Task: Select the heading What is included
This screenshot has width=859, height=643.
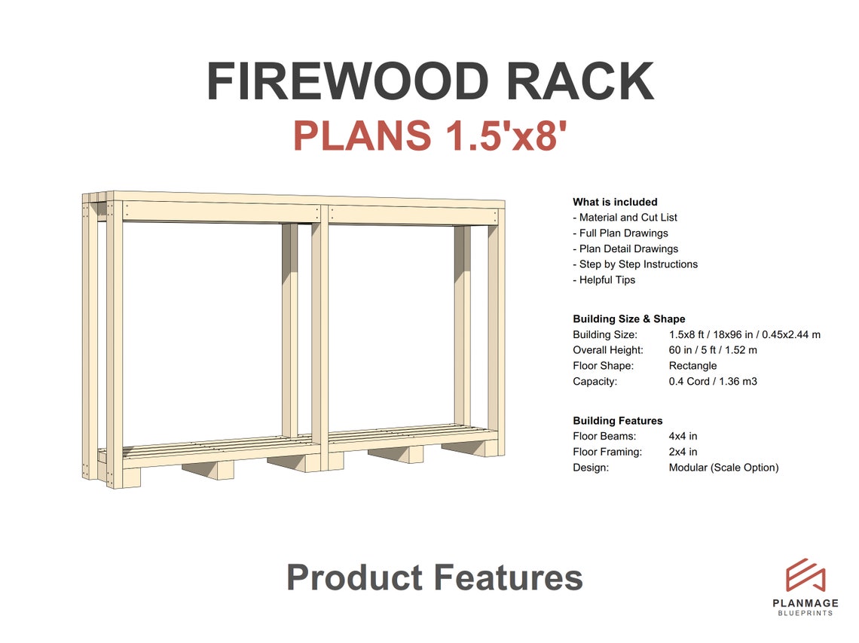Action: [x=615, y=202]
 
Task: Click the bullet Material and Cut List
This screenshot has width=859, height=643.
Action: [x=628, y=218]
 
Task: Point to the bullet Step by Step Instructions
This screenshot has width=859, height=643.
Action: [x=637, y=264]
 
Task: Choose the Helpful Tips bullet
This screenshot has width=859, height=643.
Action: [x=607, y=280]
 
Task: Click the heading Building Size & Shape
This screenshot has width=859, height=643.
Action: [x=628, y=318]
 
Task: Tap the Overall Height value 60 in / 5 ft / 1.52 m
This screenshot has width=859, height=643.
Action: [x=713, y=350]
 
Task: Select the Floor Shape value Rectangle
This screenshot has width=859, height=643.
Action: [x=692, y=366]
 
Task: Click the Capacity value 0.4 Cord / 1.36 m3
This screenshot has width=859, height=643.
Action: [x=713, y=382]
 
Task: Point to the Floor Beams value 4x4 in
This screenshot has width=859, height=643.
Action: [x=683, y=436]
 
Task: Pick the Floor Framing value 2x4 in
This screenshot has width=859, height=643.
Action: [x=683, y=452]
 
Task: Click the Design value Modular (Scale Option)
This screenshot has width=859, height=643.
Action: [x=723, y=468]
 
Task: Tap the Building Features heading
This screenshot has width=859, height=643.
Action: [x=617, y=421]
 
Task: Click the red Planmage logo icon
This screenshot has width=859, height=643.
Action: [x=806, y=575]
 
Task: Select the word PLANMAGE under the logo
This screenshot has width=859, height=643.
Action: [x=806, y=602]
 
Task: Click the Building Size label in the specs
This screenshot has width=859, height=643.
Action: [x=604, y=334]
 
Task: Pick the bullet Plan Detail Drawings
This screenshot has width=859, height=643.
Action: [x=628, y=248]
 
